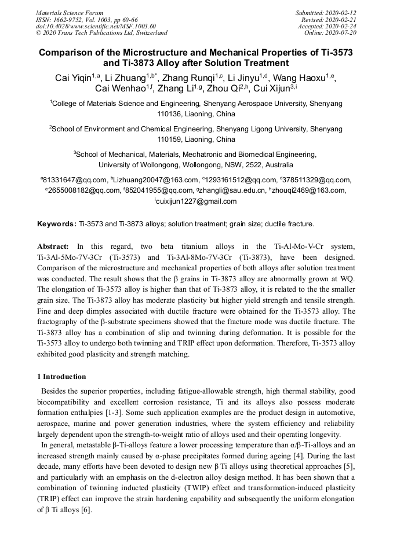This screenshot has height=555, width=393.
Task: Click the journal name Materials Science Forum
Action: click(70, 13)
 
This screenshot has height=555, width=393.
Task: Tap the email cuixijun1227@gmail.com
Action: click(196, 201)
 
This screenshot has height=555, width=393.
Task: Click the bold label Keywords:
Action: click(57, 223)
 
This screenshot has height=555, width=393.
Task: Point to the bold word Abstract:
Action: click(53, 246)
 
